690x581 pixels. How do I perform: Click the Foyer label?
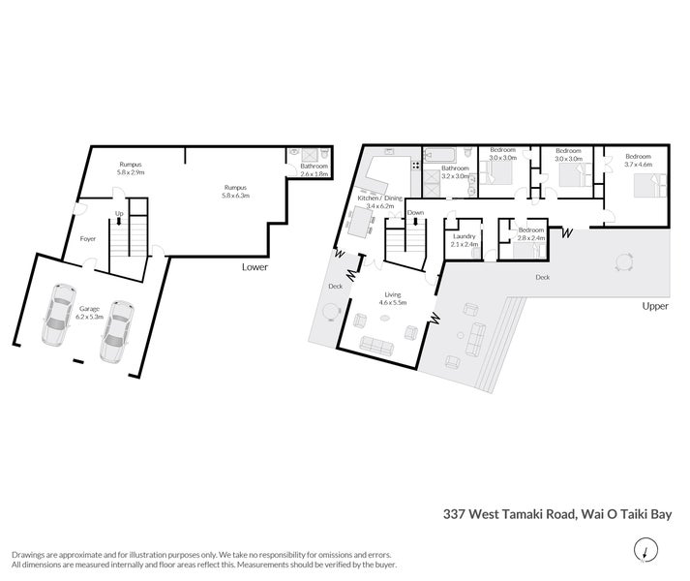pyautogui.click(x=87, y=237)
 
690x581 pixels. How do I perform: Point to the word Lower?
pyautogui.click(x=255, y=266)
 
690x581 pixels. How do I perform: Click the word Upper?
pyautogui.click(x=655, y=306)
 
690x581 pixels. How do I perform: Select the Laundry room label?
pyautogui.click(x=465, y=238)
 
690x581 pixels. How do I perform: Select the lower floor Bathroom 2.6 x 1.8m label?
pyautogui.click(x=313, y=170)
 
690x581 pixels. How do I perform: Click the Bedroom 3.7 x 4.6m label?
pyautogui.click(x=639, y=161)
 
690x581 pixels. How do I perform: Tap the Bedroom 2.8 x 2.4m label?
pyautogui.click(x=532, y=232)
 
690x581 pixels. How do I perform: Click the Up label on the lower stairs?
pyautogui.click(x=118, y=213)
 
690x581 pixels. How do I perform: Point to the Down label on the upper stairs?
pyautogui.click(x=415, y=212)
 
